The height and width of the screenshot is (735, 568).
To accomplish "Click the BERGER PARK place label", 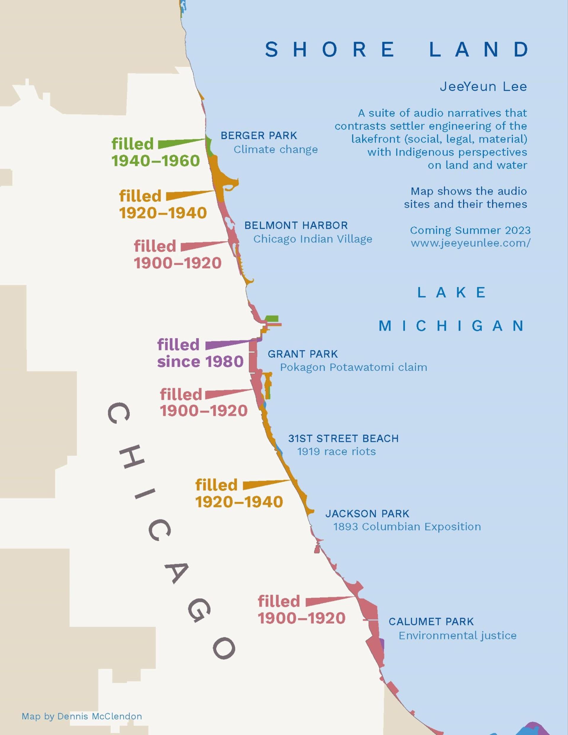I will click(259, 136).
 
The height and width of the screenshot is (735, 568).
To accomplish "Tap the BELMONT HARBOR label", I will click(296, 225).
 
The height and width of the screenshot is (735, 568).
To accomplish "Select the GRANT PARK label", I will click(303, 354).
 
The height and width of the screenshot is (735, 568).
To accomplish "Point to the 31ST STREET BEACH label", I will click(343, 439).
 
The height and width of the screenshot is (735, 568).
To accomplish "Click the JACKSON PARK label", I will click(367, 514).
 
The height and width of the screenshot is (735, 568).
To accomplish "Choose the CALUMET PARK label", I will click(431, 621).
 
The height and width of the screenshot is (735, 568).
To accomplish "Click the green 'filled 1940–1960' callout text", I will click(155, 152).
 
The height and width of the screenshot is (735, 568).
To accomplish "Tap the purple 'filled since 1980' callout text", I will click(200, 353).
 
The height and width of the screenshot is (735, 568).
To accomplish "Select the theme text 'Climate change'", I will click(276, 149).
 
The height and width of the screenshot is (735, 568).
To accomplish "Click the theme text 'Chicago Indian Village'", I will click(313, 239).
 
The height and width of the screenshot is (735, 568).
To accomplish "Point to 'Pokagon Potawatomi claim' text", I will click(353, 367).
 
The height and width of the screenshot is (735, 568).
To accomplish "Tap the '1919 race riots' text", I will click(336, 451).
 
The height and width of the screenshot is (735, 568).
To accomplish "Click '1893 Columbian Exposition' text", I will click(407, 527).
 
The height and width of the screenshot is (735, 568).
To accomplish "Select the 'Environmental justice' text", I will click(457, 635).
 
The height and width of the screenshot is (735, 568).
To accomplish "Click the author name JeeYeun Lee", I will click(483, 86).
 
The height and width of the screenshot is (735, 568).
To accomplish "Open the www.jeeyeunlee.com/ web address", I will click(470, 243).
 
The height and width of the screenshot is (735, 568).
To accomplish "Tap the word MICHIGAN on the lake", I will click(451, 326).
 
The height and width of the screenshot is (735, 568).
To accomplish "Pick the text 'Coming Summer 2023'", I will click(470, 230).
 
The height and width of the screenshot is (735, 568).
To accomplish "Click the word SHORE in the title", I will click(330, 49).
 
